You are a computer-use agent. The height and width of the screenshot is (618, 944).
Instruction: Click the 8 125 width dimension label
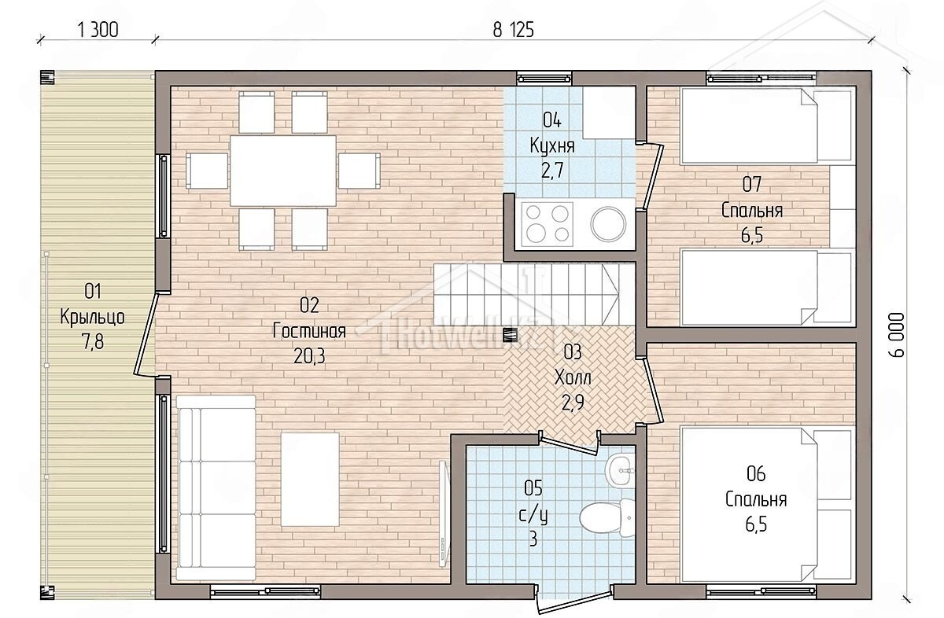tap(513, 31)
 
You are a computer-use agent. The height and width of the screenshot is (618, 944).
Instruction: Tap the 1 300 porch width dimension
tap(98, 31)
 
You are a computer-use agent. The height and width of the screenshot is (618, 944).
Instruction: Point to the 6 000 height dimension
tap(897, 335)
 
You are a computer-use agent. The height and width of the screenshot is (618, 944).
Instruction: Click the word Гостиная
tap(309, 331)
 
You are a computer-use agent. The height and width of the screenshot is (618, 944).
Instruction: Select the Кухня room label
tap(552, 146)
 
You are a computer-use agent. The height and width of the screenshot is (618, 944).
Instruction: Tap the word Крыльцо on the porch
tap(92, 317)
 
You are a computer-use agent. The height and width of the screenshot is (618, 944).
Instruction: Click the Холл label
tap(573, 377)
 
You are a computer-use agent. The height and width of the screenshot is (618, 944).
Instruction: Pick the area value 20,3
tap(309, 356)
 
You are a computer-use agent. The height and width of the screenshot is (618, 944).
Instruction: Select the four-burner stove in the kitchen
tap(547, 224)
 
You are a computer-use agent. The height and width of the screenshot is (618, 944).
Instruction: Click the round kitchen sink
tap(608, 224)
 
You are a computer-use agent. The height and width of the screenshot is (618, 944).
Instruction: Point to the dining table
tap(282, 171)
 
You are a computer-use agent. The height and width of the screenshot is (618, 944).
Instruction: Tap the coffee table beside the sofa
tap(310, 480)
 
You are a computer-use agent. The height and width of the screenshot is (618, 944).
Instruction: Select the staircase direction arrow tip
tap(618, 294)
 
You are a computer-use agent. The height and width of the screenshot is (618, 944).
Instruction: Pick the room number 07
tap(752, 185)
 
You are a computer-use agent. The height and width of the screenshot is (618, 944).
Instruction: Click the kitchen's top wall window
tap(544, 79)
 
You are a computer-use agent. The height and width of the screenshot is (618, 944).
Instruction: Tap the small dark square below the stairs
tap(510, 335)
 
